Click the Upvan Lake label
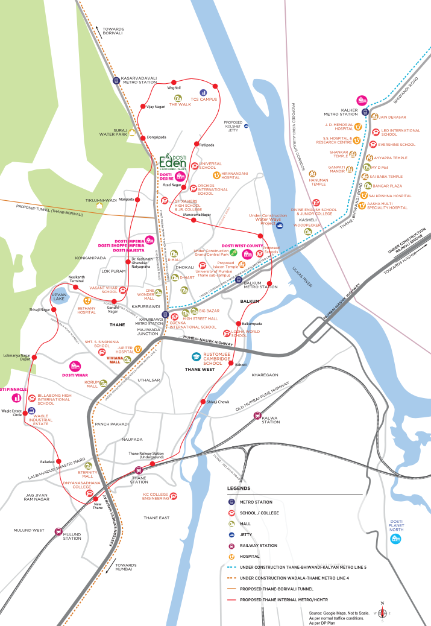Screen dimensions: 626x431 pos(58,296)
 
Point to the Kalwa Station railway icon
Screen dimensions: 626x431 pos(257,415)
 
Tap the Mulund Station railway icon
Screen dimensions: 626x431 pos(58,531)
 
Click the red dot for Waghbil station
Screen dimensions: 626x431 pos(174,81)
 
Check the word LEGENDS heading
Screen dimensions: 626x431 pos(238,488)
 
